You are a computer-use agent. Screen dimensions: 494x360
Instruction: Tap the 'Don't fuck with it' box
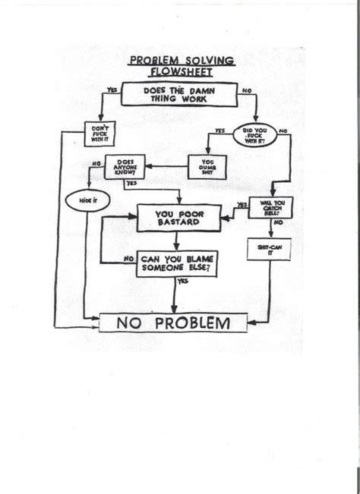(101, 135)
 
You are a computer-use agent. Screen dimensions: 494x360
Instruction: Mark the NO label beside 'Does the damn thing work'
(246, 90)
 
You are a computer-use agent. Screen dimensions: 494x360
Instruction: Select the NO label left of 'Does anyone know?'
(96, 163)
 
